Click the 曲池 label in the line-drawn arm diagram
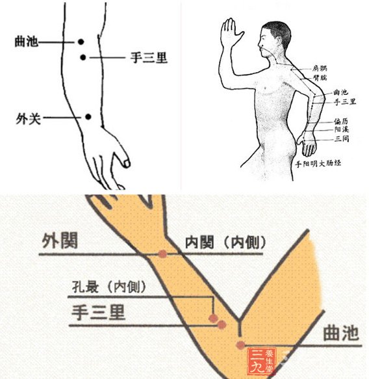coord(27,42)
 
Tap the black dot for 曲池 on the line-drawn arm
coord(81,42)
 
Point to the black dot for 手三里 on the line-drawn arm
coord(83,58)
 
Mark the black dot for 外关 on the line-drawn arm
coord(87,117)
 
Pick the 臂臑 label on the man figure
coord(320,77)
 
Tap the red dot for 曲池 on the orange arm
coord(241,345)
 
